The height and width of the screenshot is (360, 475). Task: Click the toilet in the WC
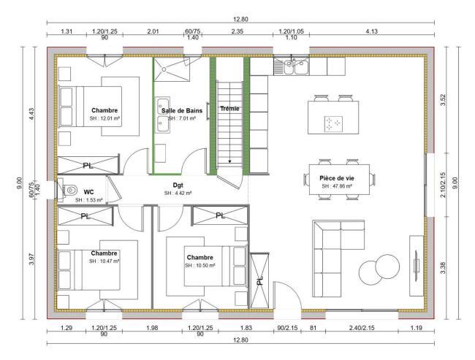(x=70, y=190)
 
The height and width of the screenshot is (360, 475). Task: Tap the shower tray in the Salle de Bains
(x=172, y=69)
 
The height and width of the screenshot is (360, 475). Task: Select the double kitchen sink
(x=291, y=66)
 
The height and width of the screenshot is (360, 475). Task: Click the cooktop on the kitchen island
(x=333, y=124)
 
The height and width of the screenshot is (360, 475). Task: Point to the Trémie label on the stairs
(x=229, y=108)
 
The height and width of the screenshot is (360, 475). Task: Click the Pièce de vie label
(x=337, y=178)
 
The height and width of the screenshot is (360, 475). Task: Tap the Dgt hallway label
(x=178, y=185)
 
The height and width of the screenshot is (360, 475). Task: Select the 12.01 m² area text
(x=105, y=118)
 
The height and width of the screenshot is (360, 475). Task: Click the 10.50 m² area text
(x=200, y=266)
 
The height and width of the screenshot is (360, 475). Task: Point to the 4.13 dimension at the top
(x=372, y=31)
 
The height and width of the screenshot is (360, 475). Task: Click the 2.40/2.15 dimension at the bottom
(x=362, y=328)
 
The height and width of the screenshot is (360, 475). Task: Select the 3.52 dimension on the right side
(x=443, y=100)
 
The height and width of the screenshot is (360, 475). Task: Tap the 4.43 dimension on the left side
(x=31, y=114)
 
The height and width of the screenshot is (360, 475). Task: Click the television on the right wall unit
(x=417, y=266)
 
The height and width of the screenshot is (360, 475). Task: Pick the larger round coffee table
(x=387, y=266)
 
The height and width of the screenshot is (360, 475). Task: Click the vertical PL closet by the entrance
(x=259, y=280)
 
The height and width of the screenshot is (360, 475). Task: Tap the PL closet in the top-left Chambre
(x=88, y=165)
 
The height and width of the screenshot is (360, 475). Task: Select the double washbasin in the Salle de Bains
(x=163, y=115)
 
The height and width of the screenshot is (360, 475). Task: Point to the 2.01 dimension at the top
(x=153, y=31)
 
